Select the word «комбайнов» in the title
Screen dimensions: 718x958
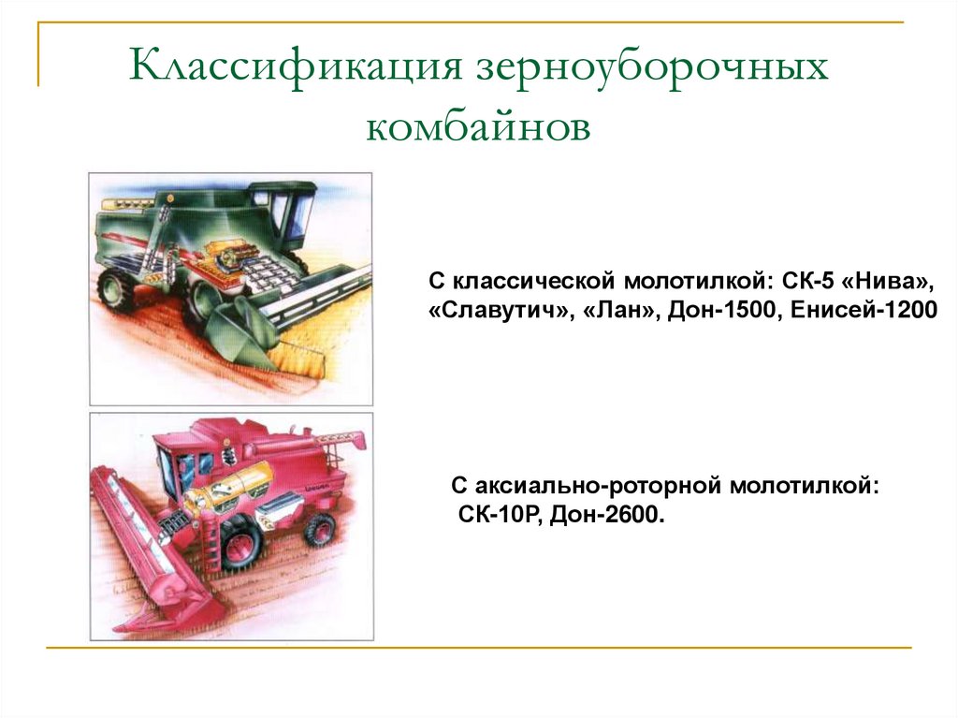click(x=478, y=126)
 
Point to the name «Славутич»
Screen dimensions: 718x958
click(x=496, y=310)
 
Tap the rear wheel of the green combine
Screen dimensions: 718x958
click(x=118, y=289)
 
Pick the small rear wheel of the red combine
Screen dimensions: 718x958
click(x=320, y=529)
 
